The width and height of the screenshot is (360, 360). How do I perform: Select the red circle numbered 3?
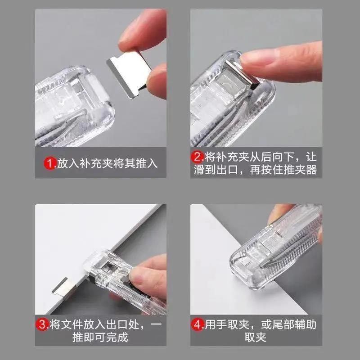pyautogui.click(x=43, y=324)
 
